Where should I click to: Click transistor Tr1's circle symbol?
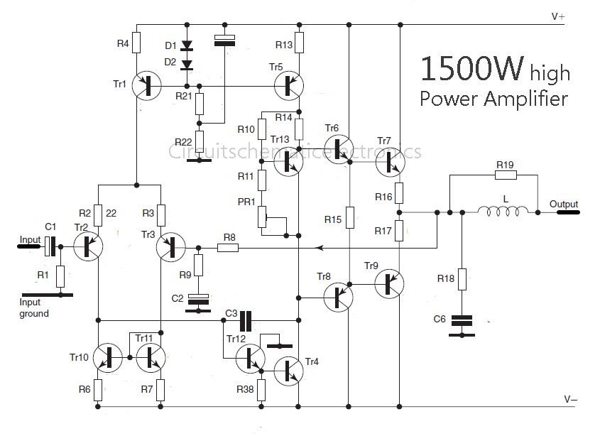(147, 87)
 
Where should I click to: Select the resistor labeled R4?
(136, 44)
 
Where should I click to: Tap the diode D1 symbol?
(187, 46)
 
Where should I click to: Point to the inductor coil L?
(503, 210)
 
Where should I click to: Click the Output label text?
(564, 205)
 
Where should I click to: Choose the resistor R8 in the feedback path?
(228, 248)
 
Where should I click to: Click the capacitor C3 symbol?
(246, 320)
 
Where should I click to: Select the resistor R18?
(462, 278)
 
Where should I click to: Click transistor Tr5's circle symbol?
(288, 86)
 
